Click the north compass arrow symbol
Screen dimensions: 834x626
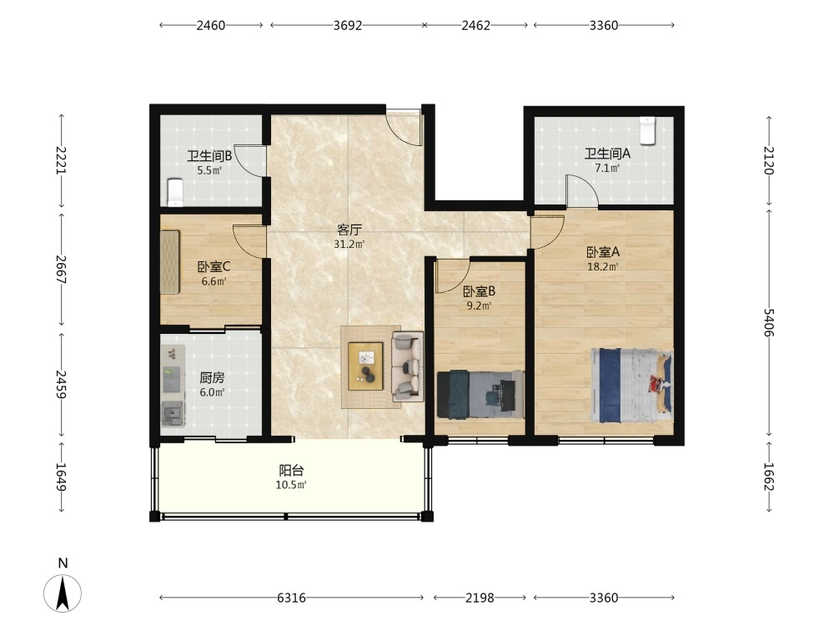tap(63, 593)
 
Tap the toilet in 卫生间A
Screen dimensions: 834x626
tap(647, 130)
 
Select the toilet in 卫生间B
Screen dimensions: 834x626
tap(175, 192)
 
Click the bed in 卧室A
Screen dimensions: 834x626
tap(632, 386)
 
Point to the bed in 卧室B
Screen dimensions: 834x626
tap(480, 395)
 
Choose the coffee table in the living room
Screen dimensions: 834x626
tap(365, 366)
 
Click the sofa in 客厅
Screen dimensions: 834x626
tap(408, 366)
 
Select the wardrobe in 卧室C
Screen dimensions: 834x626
tap(170, 261)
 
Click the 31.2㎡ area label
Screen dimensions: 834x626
tap(349, 245)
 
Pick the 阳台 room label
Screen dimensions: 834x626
tap(291, 471)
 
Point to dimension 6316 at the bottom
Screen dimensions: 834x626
tap(291, 598)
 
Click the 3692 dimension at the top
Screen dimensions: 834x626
tap(347, 25)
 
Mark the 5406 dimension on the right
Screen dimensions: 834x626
tap(769, 322)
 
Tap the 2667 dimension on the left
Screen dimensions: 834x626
tap(61, 270)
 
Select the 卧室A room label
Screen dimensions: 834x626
tap(603, 252)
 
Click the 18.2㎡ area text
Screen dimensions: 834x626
tap(603, 267)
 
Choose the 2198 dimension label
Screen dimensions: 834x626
tap(480, 598)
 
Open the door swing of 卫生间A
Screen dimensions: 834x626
tap(582, 190)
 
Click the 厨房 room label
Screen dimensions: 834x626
tap(212, 378)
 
